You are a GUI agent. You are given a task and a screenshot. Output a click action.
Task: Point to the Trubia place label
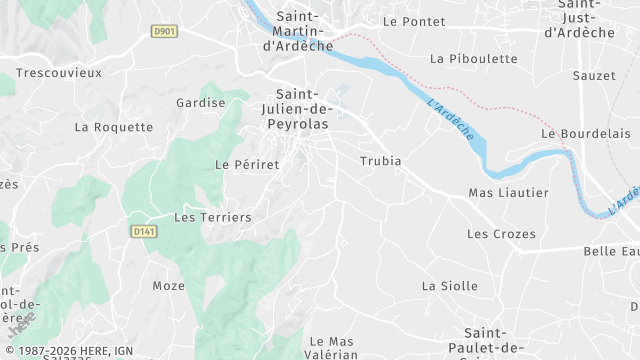[x=380, y=161]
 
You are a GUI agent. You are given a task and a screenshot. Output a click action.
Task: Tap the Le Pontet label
[x=412, y=20]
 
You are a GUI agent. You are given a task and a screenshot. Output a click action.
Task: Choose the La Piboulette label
[x=463, y=59]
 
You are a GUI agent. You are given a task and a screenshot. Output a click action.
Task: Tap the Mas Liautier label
[x=508, y=193]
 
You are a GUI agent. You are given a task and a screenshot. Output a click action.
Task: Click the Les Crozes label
[x=501, y=234]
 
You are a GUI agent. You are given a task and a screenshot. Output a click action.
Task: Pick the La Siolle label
[x=450, y=285]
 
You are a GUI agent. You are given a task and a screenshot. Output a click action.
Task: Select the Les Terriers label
[x=213, y=217]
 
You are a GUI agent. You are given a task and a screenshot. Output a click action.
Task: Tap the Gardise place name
[x=200, y=103]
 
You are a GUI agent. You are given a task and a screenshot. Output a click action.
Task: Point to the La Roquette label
[x=114, y=127]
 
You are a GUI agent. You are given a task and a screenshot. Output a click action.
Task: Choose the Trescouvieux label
[x=59, y=73]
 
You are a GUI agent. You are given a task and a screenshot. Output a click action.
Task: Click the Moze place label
[x=169, y=286]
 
